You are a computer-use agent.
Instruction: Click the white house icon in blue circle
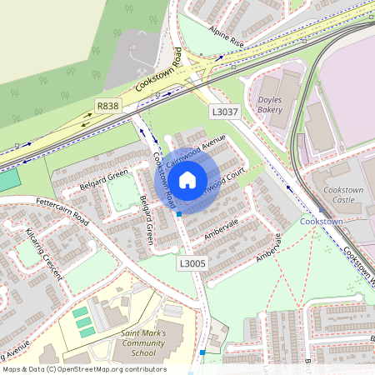pyautogui.click(x=187, y=179)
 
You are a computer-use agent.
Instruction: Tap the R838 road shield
pyautogui.click(x=108, y=106)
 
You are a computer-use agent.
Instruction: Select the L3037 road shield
pyautogui.click(x=225, y=112)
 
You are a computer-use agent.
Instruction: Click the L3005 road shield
pyautogui.click(x=192, y=263)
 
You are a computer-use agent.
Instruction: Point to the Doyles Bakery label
pyautogui.click(x=271, y=104)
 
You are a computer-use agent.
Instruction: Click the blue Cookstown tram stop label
pyautogui.click(x=322, y=222)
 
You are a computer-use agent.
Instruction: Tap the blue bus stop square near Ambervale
pyautogui.click(x=179, y=214)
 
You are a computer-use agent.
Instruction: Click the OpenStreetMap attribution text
pyautogui.click(x=83, y=369)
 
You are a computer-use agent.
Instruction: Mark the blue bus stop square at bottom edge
pyautogui.click(x=202, y=352)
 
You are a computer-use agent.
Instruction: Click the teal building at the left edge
pyautogui.click(x=7, y=179)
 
